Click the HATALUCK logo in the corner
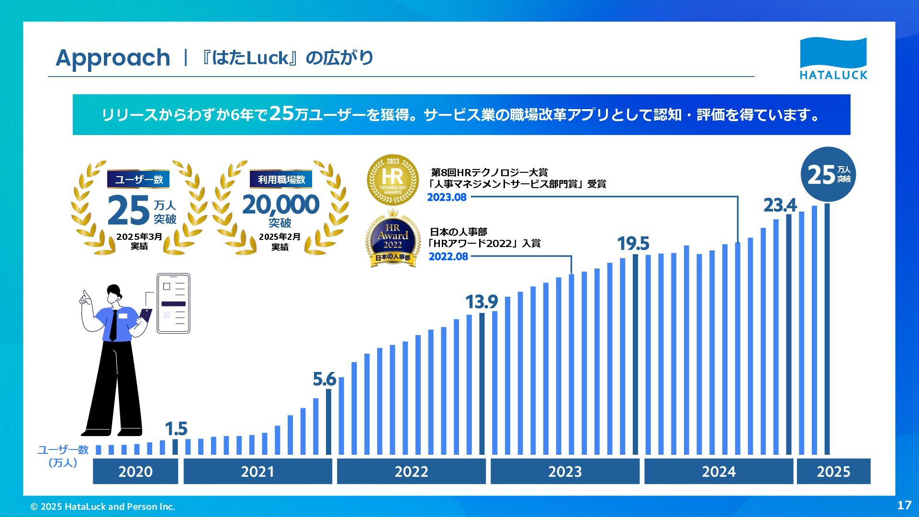coord(833,58)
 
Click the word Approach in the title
coord(113,58)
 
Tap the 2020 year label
coord(135,472)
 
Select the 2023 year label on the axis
coord(565,472)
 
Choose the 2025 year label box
coord(833,472)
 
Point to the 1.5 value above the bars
coord(176,428)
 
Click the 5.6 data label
coord(324,379)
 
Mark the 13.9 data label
coord(482,302)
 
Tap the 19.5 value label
coord(633,244)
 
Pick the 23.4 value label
coord(780,205)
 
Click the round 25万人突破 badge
coord(828,175)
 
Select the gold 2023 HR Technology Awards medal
coord(392,180)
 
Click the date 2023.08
coord(447,197)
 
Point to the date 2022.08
coord(448,257)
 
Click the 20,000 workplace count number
coord(280,205)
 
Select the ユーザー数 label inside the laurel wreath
coord(139,180)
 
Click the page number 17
coord(904,505)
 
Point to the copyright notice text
coord(103,506)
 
